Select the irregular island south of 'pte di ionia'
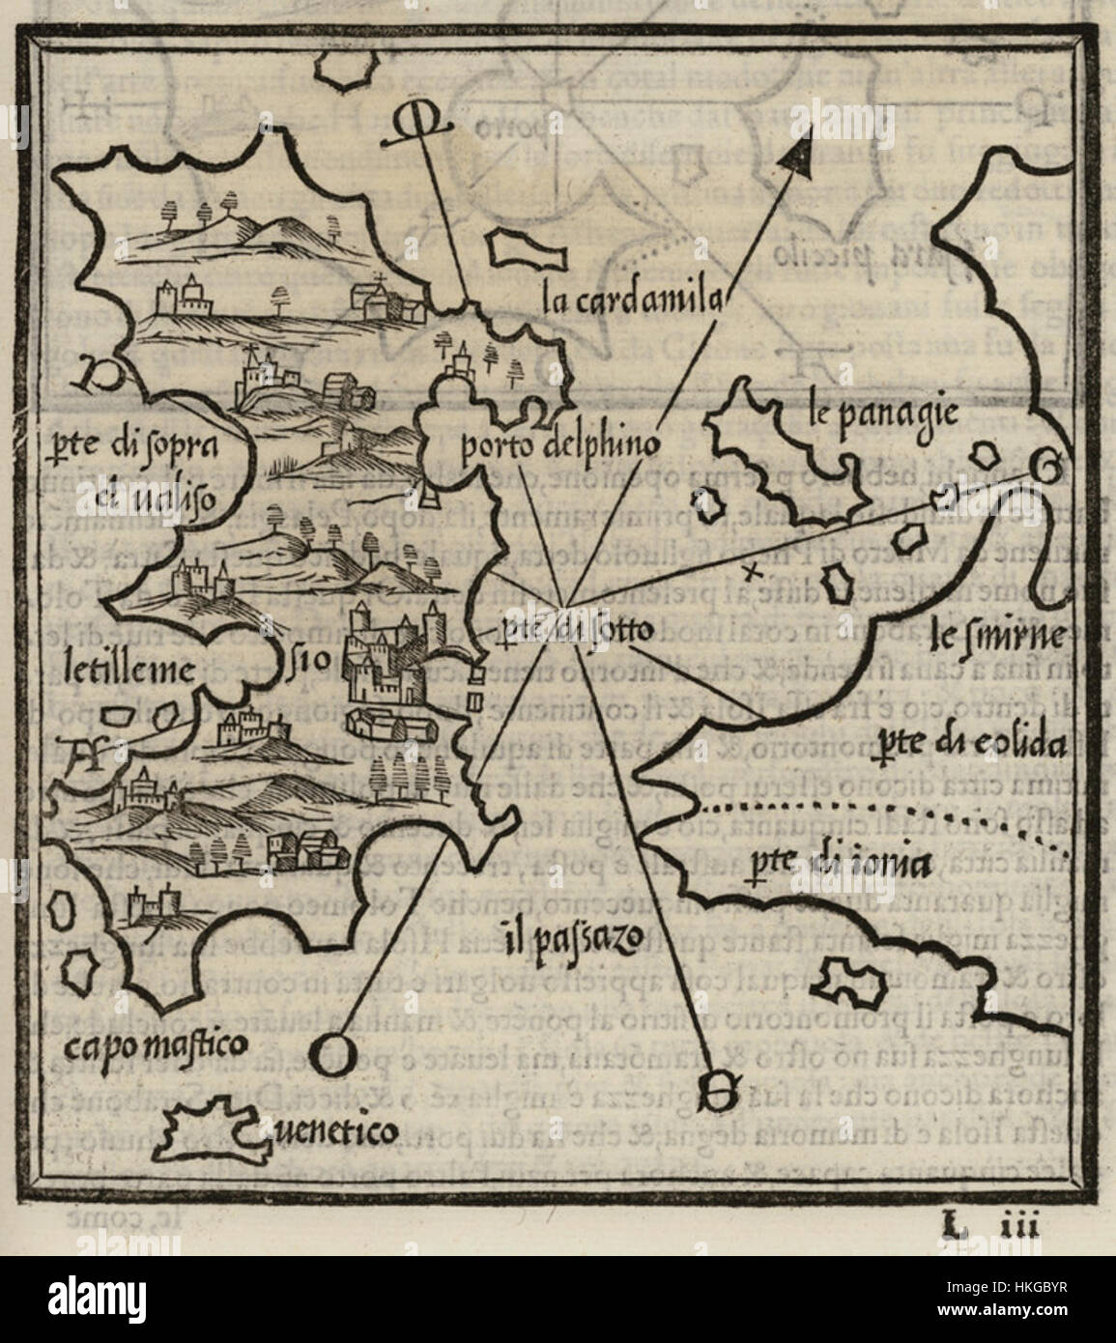point(850,982)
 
